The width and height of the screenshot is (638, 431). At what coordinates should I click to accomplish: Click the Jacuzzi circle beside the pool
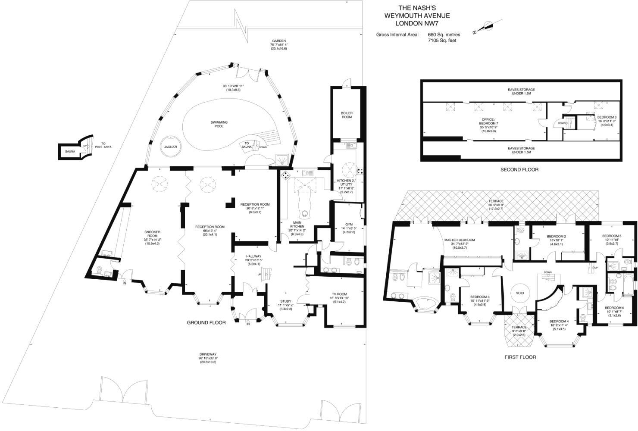click(x=171, y=147)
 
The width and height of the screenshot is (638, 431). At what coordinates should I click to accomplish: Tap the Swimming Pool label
click(x=219, y=125)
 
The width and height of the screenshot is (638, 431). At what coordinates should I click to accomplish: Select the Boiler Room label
click(x=347, y=115)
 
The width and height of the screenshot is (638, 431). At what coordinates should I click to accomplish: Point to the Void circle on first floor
click(x=520, y=293)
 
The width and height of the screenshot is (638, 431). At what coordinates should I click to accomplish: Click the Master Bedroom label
click(x=463, y=240)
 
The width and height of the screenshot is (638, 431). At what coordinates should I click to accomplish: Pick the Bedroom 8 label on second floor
click(x=607, y=117)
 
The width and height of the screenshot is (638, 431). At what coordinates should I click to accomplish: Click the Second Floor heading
click(x=519, y=169)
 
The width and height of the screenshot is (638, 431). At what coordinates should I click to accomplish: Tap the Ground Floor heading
click(x=206, y=322)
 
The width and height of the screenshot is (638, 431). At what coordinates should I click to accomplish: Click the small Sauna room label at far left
click(x=70, y=152)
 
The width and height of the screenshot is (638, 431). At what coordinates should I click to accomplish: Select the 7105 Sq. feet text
click(x=442, y=41)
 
